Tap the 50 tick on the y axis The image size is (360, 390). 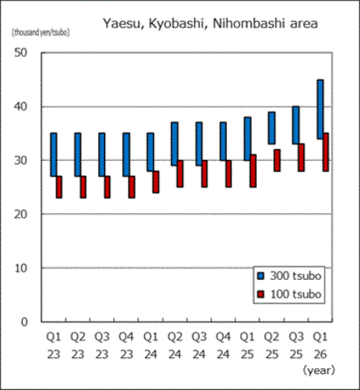coord(22,52)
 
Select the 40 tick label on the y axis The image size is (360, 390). coord(22,107)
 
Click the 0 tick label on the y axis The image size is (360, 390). coord(25,321)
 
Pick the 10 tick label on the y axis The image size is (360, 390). coord(22,268)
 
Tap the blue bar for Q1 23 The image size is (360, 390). coord(53,154)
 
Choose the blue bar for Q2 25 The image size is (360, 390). coord(272,128)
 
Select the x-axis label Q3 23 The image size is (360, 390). coord(102,344)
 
